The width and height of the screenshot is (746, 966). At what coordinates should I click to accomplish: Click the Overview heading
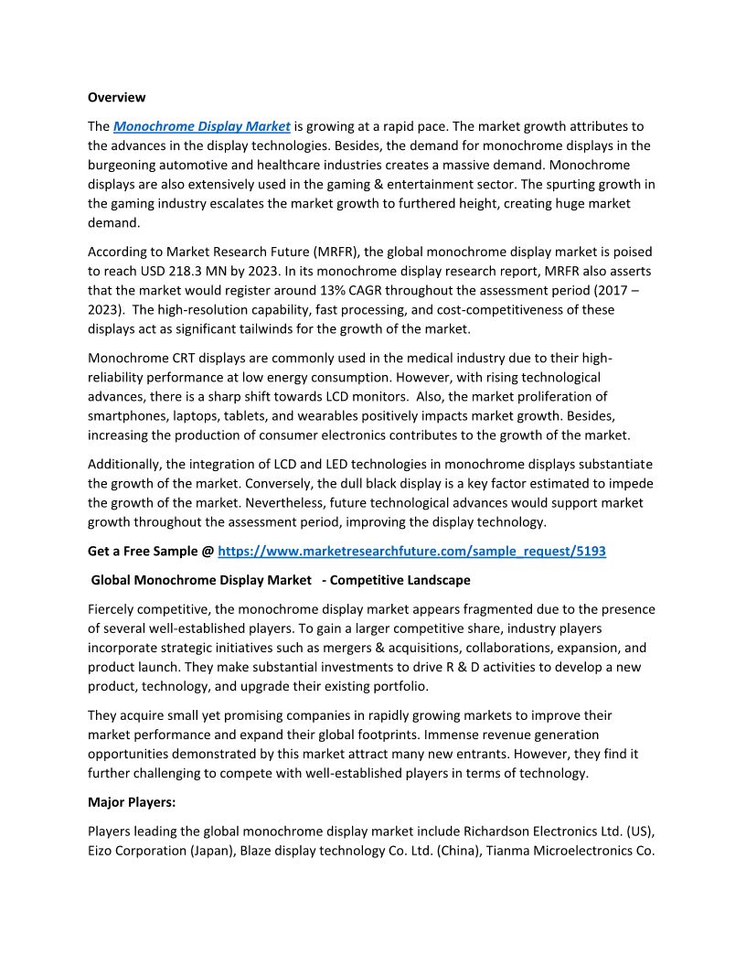click(116, 97)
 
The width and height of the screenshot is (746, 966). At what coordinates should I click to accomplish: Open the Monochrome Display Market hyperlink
click(201, 126)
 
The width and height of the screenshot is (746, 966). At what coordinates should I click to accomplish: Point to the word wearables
click(337, 415)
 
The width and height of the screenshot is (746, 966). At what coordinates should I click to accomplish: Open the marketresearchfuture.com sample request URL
click(411, 551)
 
